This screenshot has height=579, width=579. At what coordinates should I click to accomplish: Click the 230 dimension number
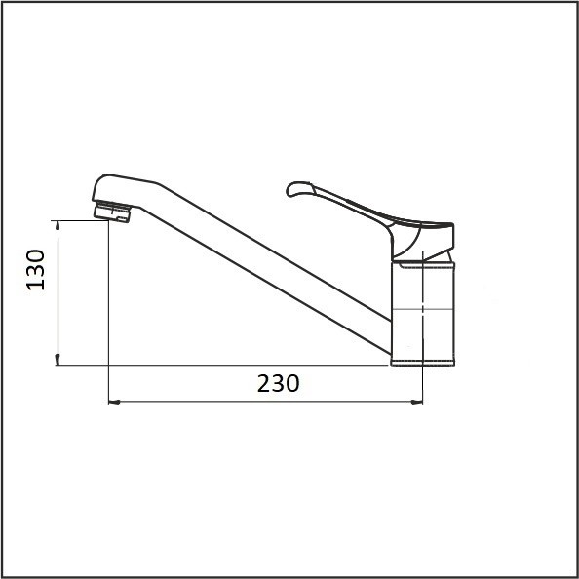[278, 384]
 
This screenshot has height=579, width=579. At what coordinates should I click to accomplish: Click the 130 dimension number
[36, 270]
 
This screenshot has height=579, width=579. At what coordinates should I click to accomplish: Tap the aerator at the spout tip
[112, 212]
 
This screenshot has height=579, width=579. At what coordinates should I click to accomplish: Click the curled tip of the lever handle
[294, 189]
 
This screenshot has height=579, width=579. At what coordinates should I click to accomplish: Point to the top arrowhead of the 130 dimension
[58, 225]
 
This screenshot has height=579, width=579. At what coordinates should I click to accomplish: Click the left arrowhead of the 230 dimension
[114, 402]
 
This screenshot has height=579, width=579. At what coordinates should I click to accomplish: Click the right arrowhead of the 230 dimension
[417, 402]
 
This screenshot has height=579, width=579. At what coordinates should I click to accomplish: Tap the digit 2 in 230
[264, 384]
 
